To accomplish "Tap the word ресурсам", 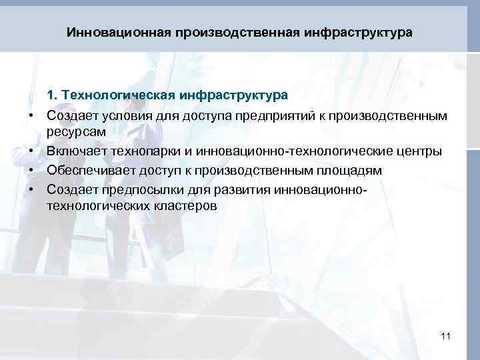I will point(73,133).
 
